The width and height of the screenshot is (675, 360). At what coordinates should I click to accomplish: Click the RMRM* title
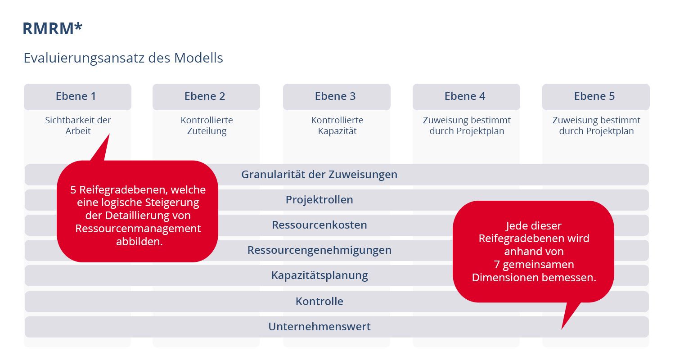pos(53,28)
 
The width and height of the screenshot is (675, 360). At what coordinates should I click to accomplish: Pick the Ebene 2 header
pos(205,96)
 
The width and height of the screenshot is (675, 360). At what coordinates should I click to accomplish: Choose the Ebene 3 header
pos(335,96)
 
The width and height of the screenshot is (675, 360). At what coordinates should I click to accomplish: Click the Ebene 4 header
pos(465,96)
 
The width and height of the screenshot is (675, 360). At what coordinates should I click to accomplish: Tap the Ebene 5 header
pos(594,96)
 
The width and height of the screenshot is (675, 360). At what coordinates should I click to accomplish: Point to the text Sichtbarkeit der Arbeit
pos(78,126)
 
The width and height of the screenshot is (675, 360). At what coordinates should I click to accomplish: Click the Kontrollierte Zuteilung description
pos(207,126)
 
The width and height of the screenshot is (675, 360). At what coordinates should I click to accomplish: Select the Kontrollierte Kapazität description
pos(337,126)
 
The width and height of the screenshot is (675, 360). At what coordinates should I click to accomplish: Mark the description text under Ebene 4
pos(467,126)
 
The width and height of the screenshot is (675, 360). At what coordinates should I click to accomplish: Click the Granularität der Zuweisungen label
pos(319,175)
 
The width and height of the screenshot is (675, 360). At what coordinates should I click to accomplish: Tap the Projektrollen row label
pos(319,200)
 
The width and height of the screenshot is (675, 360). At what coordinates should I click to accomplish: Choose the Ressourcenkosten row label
pos(319,225)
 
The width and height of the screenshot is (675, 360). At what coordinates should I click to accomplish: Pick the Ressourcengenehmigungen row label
pos(319,250)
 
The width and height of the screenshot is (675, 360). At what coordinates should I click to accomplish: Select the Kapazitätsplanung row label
pos(319,275)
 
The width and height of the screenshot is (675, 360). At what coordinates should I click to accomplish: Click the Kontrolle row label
pos(319,301)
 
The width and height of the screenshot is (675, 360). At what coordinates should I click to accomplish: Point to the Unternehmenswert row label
pos(319,327)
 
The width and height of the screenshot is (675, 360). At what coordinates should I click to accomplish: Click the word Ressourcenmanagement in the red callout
pos(138,229)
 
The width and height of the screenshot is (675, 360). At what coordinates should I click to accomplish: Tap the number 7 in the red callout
pos(496,265)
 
